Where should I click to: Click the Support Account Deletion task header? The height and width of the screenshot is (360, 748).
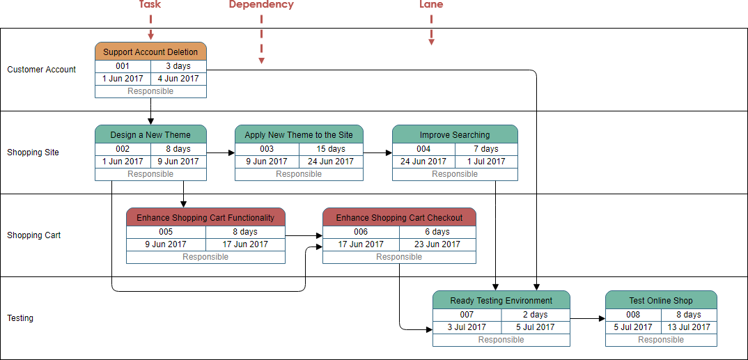point(150,52)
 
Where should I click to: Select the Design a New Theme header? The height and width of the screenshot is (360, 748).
point(150,134)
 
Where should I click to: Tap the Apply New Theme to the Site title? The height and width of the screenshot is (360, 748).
point(299,134)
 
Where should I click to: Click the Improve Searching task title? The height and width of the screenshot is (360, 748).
point(455,134)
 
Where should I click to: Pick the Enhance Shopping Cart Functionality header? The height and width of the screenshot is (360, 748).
point(205,217)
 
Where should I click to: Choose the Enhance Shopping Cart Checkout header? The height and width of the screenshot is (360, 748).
point(399,217)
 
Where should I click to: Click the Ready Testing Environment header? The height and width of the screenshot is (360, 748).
point(501,300)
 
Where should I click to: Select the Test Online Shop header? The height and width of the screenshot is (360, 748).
point(661,300)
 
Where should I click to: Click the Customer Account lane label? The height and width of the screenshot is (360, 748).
point(42,70)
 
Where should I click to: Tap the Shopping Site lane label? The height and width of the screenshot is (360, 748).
point(33,152)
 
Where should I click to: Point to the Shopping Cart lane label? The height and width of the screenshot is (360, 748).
point(33,235)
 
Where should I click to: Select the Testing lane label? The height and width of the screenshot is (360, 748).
point(20,318)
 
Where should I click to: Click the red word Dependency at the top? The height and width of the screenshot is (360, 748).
point(261,5)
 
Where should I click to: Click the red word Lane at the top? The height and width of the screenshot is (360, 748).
point(431,5)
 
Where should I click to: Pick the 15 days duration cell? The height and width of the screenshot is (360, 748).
point(331,149)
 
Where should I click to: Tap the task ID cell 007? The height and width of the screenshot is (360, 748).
point(467,315)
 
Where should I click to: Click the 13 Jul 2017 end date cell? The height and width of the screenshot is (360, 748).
point(688,327)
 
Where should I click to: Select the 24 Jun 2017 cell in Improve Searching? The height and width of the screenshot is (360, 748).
point(423,162)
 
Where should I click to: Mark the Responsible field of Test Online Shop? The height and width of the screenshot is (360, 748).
point(661,340)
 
